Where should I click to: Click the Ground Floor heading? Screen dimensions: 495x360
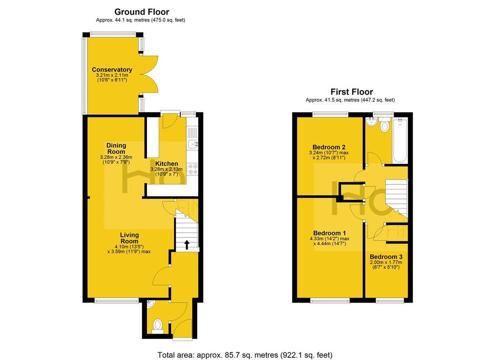142,12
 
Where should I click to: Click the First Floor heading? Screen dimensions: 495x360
352,92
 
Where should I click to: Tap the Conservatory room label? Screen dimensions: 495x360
112,70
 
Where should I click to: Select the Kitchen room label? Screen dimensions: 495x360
167,164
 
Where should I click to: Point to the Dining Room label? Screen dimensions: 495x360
116,149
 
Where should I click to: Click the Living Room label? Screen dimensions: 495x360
130,238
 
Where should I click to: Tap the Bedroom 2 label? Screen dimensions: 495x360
329,147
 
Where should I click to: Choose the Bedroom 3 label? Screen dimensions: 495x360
386,256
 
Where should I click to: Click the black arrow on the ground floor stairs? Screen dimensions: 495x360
187,245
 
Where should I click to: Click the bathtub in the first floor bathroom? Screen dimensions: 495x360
400,140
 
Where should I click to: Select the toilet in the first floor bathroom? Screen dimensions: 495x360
384,124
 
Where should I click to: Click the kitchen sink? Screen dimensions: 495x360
192,144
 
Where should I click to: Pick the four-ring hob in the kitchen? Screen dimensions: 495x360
192,169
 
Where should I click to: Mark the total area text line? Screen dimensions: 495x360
245,355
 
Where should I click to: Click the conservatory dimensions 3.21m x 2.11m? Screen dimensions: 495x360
112,75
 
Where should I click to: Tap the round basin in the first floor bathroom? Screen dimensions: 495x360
370,121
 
